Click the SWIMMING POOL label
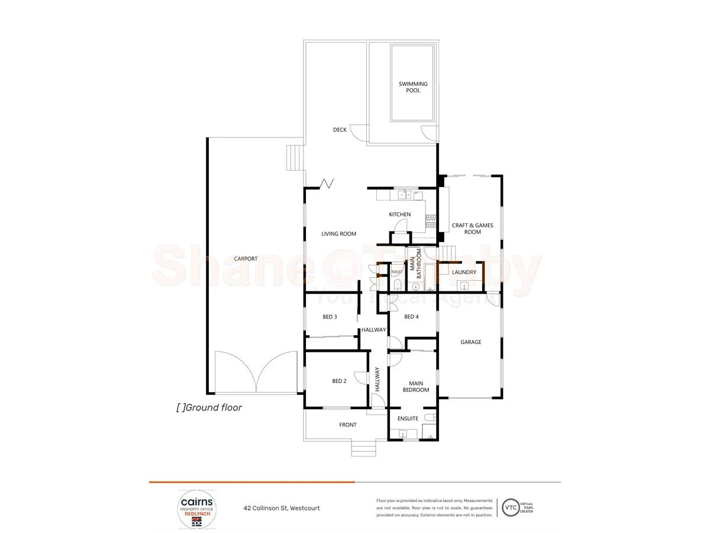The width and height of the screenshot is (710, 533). pos(413,87)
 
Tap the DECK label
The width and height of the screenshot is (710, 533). pos(340,130)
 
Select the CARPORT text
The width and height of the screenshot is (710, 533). pos(246,259)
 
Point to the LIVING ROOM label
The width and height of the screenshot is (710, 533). pos(338,234)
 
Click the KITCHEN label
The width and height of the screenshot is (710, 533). pos(399,214)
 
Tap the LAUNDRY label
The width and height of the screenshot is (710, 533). pos(464,272)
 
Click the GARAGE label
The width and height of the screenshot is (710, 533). pos(471,342)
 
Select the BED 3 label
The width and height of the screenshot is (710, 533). pos(330,317)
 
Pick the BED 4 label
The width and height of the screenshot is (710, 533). pos(411,317)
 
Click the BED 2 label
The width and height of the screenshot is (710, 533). pos(339,381)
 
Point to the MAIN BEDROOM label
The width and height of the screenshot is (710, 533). pos(416,386)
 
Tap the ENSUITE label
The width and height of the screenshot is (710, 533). pos(407,419)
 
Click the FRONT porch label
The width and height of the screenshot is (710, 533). pos(348,425)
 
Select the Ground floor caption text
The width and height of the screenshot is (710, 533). pos(209,407)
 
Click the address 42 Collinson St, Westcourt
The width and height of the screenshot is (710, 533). pos(282,508)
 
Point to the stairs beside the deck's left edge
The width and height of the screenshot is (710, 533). pos(295,158)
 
